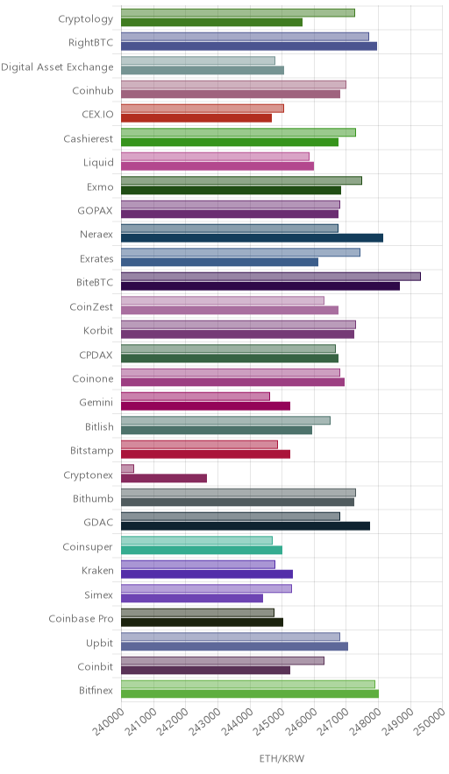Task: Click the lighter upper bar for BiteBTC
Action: [x=270, y=277]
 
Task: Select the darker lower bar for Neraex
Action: [x=252, y=238]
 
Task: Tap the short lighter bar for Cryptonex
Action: [x=127, y=468]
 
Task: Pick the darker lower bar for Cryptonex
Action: [x=164, y=478]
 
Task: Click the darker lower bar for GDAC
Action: [x=246, y=526]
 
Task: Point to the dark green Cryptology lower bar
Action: [x=211, y=22]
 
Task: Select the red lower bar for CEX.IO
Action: [x=196, y=118]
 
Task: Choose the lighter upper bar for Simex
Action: [x=206, y=588]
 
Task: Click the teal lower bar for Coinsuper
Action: [x=201, y=551]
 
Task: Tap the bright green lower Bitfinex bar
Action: [x=250, y=694]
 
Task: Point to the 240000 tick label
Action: [x=108, y=721]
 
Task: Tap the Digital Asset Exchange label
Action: [x=57, y=67]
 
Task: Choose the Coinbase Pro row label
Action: [x=81, y=618]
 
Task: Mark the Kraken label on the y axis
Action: [x=97, y=571]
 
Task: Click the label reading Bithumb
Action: [x=93, y=498]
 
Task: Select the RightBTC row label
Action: [x=91, y=43]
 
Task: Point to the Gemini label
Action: [x=96, y=402]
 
